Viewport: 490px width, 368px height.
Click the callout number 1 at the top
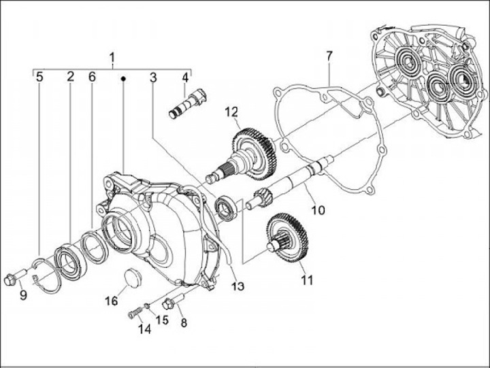click(x=112, y=56)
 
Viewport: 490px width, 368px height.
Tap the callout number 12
click(x=233, y=112)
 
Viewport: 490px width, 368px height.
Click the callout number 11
click(x=308, y=280)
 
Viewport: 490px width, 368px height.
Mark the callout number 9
click(x=22, y=295)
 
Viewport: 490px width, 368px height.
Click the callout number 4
click(x=184, y=78)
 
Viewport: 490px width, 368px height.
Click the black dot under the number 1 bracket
click(x=123, y=79)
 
